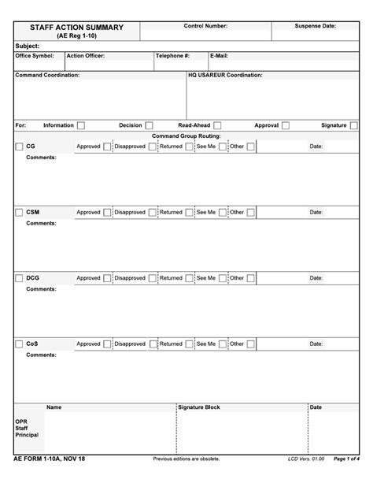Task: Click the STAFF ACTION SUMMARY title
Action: (x=77, y=28)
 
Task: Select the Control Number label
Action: (x=205, y=26)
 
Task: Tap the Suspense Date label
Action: (x=316, y=26)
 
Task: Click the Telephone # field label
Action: (x=172, y=56)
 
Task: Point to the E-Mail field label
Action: (x=220, y=56)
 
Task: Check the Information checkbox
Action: (x=81, y=125)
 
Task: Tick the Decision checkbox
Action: (x=149, y=125)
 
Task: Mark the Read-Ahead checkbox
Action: (x=217, y=125)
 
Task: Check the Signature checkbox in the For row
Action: (x=354, y=125)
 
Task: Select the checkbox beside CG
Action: (x=20, y=147)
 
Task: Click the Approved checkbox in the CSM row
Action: (x=107, y=212)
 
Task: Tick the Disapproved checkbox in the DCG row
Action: (x=151, y=278)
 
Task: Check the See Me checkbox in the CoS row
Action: (x=223, y=344)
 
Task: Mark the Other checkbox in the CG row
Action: (x=250, y=147)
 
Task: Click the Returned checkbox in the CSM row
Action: (x=189, y=212)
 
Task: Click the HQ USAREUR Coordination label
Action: (x=225, y=75)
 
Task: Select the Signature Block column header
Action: (x=199, y=407)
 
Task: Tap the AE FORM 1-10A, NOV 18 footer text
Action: (x=50, y=459)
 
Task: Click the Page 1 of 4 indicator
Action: (x=346, y=459)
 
